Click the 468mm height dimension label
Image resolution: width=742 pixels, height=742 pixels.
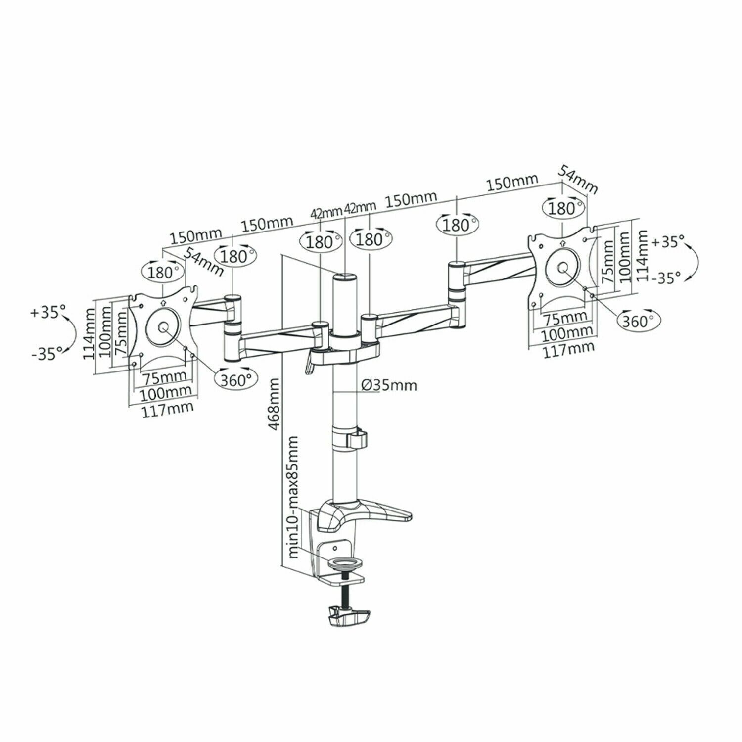(x=275, y=404)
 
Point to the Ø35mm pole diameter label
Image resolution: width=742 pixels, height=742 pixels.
(x=388, y=385)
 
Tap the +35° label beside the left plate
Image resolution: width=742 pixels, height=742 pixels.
(x=48, y=313)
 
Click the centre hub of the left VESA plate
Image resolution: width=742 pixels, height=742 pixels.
(x=163, y=327)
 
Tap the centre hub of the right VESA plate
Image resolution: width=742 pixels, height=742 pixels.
(x=562, y=268)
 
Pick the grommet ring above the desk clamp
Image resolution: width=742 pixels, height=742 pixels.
(x=345, y=562)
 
